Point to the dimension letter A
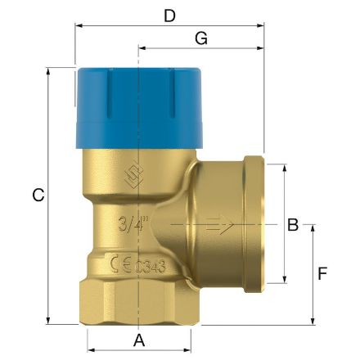[x=138, y=339]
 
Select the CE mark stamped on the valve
[x=120, y=264]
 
